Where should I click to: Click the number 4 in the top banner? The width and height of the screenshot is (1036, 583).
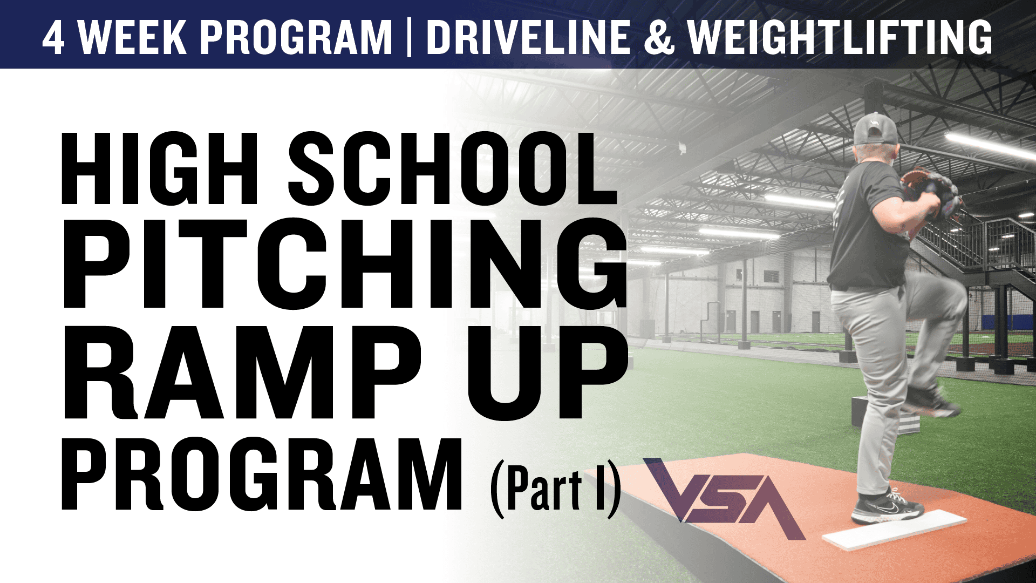[x=54, y=38]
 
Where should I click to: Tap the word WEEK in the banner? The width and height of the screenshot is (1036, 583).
[x=133, y=38]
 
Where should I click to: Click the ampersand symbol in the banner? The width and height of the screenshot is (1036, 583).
[x=659, y=38]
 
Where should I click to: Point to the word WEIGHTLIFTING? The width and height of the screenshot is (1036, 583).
[x=840, y=38]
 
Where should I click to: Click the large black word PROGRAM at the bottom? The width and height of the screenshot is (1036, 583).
[x=262, y=475]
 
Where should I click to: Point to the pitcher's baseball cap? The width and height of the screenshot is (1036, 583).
[x=874, y=130]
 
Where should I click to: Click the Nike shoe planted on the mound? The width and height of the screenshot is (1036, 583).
[x=885, y=507]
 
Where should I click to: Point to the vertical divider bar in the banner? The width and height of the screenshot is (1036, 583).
[x=409, y=38]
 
